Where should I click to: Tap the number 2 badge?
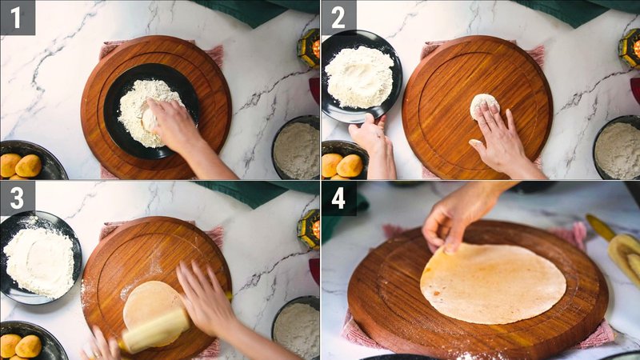338,18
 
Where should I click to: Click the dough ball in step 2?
483,105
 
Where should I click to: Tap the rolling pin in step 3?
155,330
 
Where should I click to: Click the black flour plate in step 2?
361,76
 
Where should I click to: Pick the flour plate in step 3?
38,257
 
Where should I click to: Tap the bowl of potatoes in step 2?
344,163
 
